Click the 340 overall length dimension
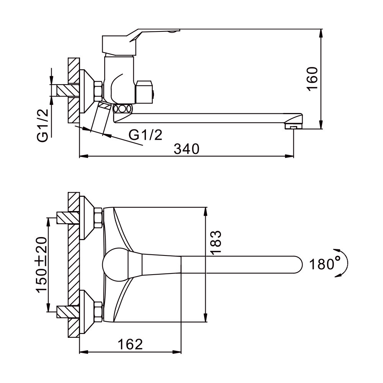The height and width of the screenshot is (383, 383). pos(187,149)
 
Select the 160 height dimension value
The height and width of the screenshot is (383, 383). pos(313,79)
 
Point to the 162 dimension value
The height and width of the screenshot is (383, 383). pos(130,344)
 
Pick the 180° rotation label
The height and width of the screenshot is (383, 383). pos(325,264)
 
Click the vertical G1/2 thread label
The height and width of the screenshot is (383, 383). pos(43,125)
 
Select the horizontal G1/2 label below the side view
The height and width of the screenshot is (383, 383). pos(145,135)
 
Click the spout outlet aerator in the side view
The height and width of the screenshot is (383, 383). pos(293,127)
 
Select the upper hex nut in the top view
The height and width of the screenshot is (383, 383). pos(98,218)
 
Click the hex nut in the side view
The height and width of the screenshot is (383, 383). pos(98,91)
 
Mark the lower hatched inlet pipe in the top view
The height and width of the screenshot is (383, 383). pos(68,312)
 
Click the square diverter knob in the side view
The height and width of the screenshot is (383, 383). pos(144,92)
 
